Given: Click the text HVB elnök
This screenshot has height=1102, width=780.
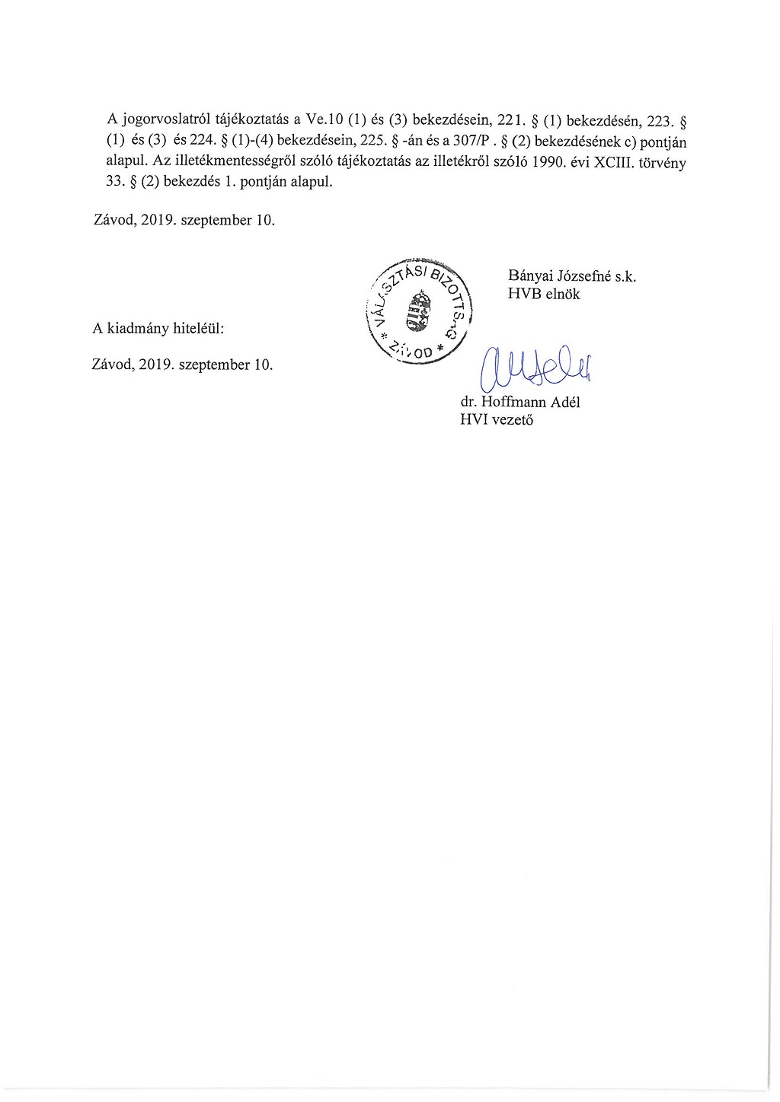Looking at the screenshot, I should tap(544, 294).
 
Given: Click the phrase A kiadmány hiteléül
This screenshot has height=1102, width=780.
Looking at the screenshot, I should tap(158, 329).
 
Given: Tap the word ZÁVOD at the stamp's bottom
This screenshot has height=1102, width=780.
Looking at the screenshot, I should tap(414, 350).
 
